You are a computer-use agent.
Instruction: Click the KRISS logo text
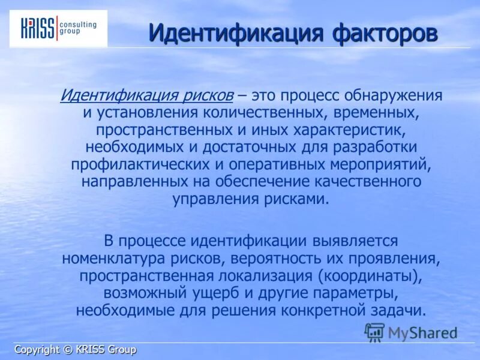[x=38, y=28]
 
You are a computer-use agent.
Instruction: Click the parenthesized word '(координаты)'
[x=370, y=276]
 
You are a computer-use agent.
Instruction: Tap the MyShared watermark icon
[x=374, y=332]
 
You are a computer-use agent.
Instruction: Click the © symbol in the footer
[x=67, y=350]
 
